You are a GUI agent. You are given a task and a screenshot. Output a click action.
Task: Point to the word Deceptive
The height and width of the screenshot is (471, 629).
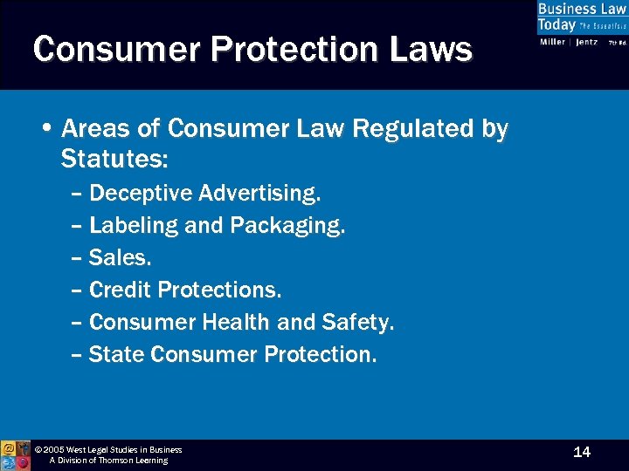[140, 192]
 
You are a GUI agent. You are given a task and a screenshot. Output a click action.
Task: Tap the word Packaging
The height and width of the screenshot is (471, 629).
[287, 225]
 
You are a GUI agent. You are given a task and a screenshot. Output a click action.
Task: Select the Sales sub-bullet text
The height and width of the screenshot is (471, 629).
[119, 257]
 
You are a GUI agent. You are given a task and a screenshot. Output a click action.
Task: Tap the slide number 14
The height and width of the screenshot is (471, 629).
[582, 452]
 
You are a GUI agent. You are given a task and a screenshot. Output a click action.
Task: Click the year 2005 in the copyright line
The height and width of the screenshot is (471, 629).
[55, 450]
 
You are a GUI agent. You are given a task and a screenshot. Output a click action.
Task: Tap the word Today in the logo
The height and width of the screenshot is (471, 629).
[556, 25]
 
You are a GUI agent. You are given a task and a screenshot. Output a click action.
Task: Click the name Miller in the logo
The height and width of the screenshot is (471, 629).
[553, 42]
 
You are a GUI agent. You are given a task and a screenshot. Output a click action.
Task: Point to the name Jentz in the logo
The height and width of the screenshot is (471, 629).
[586, 42]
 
